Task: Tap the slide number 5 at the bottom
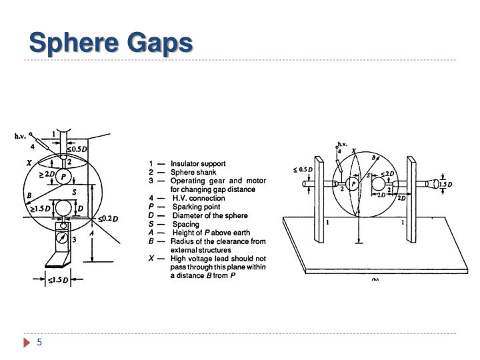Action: coord(39,342)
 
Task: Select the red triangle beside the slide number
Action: coord(27,342)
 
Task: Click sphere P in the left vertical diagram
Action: coord(63,176)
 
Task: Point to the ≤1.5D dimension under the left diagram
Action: coord(58,279)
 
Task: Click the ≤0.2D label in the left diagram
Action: coord(108,219)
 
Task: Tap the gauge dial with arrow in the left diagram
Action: coord(62,237)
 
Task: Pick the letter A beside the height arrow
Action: coord(92,234)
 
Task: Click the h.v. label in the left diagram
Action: coord(21,136)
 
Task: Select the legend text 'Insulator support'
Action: coord(198,163)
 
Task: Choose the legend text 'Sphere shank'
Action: coord(192,172)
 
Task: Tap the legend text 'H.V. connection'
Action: coord(198,198)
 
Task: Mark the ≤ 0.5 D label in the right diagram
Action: coord(305,170)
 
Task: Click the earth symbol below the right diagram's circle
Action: coord(358,243)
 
